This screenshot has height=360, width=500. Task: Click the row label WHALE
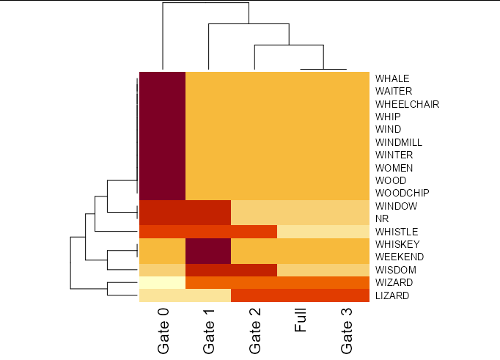click(x=391, y=78)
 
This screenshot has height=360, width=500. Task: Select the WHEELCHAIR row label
click(x=407, y=104)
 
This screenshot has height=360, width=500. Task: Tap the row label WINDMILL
click(x=398, y=142)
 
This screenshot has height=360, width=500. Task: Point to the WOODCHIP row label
click(x=402, y=193)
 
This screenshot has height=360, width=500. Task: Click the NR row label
click(x=382, y=218)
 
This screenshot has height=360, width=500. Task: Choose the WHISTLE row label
click(x=397, y=232)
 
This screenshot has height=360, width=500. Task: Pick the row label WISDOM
click(x=394, y=270)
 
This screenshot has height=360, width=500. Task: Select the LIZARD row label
click(x=392, y=295)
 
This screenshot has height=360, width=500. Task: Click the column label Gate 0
click(x=163, y=331)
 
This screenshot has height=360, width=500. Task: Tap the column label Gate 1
click(x=209, y=331)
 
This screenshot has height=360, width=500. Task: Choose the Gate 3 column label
click(x=347, y=331)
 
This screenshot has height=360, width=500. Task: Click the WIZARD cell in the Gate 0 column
click(x=162, y=282)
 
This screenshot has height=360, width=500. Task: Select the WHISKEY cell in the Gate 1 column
click(x=208, y=244)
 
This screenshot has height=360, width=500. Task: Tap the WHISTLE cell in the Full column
click(x=300, y=232)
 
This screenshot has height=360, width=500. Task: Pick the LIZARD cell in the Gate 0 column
click(x=162, y=295)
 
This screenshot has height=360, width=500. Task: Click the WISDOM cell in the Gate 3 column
click(x=346, y=270)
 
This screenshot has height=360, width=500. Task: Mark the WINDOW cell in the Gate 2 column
click(x=254, y=206)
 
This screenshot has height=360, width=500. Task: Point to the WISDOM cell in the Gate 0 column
click(x=162, y=270)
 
